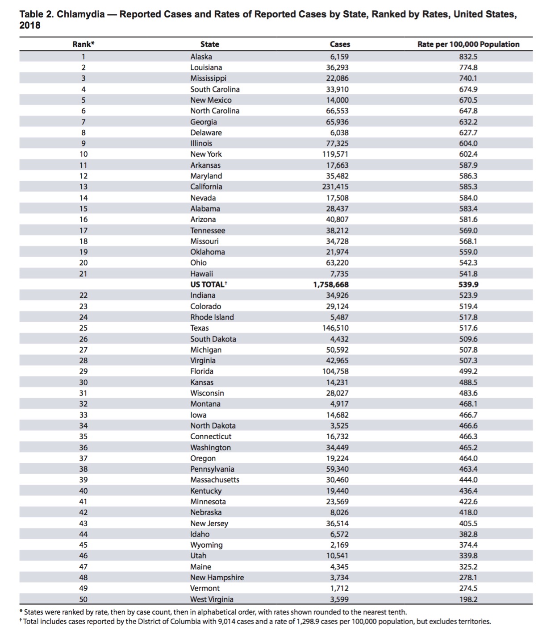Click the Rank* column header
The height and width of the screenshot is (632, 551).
(83, 44)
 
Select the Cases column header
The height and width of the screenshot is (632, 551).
(340, 44)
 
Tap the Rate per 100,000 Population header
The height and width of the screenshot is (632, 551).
(468, 44)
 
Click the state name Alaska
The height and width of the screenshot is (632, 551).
(201, 57)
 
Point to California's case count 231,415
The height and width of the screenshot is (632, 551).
(335, 187)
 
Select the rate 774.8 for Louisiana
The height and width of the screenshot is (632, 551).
(468, 67)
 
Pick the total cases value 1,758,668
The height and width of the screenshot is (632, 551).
(331, 284)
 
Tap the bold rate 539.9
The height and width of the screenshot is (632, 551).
(468, 284)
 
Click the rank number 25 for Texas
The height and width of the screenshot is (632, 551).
(83, 328)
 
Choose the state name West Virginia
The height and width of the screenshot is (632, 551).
(212, 599)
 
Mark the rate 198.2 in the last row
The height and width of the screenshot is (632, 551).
(468, 599)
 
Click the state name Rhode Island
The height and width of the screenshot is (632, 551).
(212, 317)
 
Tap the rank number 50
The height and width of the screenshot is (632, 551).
(83, 599)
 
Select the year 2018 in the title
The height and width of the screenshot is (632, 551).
(30, 25)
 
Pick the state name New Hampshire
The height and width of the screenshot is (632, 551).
(217, 578)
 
